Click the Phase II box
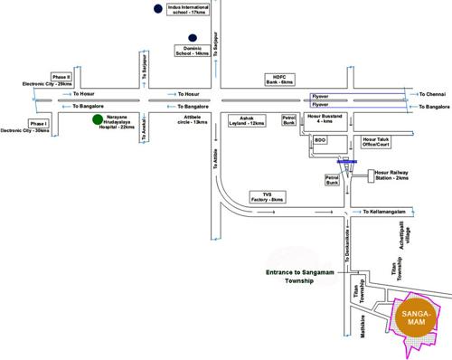coord(61,78)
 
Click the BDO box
coord(319,141)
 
